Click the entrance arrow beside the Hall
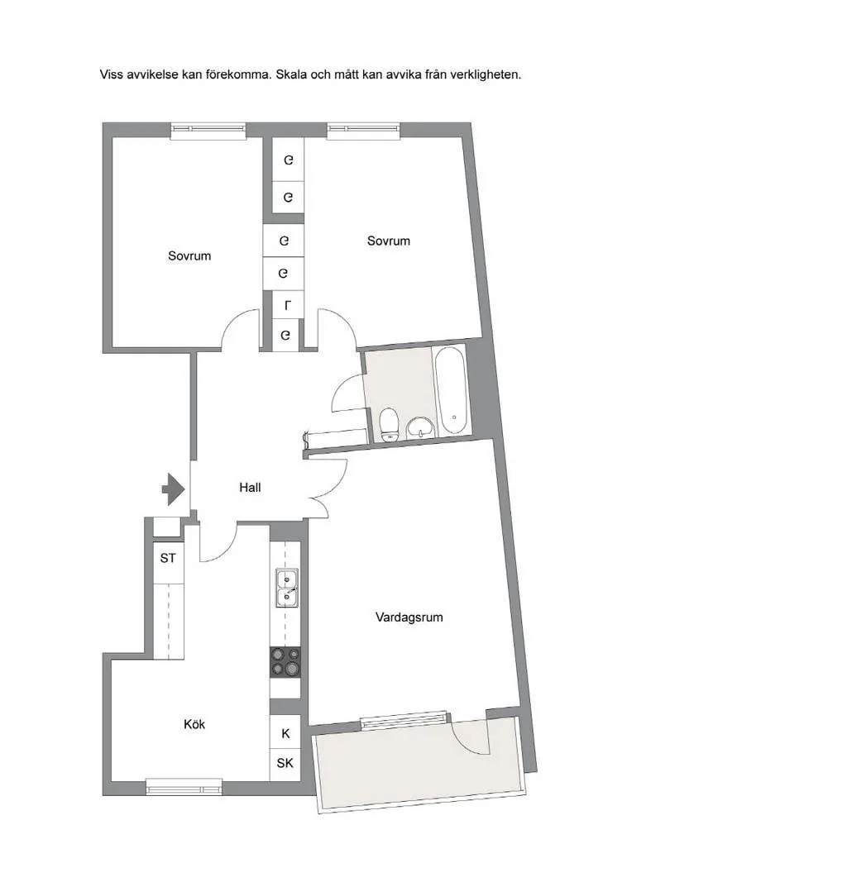coord(174,489)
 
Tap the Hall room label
coord(250,487)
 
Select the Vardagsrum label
coord(409,617)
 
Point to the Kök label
coord(194,724)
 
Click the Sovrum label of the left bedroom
coord(189,256)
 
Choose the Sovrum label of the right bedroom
coord(388,241)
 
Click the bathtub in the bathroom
coord(452,390)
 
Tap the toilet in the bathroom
coord(389,426)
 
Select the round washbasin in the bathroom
coord(421,427)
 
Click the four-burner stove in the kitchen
coord(285,662)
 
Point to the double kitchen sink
coord(287,588)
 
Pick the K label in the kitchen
coord(286,733)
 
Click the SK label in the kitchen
coord(285,763)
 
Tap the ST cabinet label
coord(168,558)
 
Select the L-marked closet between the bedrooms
coord(288,306)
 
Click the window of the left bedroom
coord(208,131)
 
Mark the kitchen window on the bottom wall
coord(184,786)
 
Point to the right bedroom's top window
coord(364,131)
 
